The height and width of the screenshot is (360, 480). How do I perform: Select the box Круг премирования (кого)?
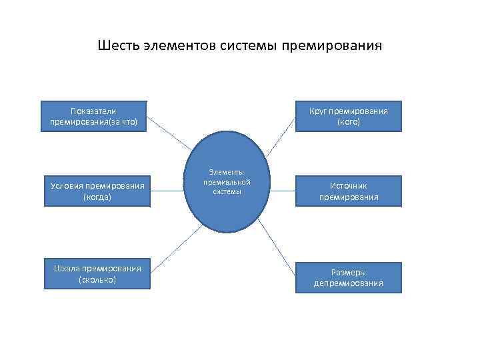tap(349, 117)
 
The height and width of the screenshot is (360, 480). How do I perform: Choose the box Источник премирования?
tap(349, 191)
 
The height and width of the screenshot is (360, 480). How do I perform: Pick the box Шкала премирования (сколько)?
tap(97, 274)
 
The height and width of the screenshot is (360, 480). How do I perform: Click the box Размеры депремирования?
tap(349, 277)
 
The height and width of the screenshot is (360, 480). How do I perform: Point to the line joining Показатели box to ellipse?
tap(168, 133)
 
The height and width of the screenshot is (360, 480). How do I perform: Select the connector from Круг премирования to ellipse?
tap(283, 137)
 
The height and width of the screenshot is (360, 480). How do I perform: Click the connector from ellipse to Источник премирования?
tap(281, 190)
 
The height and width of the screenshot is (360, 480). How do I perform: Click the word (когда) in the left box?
tap(97, 197)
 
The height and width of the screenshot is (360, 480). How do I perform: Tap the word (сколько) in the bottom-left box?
tap(97, 280)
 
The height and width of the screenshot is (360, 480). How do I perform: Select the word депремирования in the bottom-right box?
tap(349, 283)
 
